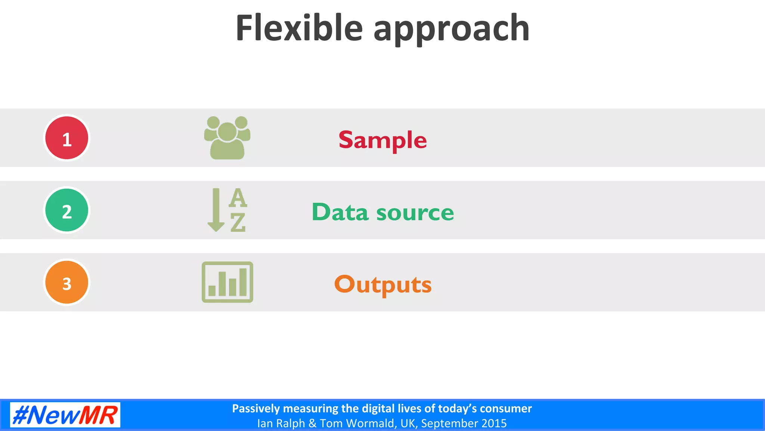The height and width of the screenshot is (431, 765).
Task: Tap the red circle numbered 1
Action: (x=67, y=138)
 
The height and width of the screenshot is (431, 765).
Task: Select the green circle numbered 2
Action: (x=67, y=210)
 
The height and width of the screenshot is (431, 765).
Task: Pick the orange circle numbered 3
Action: (x=67, y=282)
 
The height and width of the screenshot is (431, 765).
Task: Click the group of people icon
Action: (x=227, y=138)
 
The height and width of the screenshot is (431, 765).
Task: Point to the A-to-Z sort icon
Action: (x=227, y=210)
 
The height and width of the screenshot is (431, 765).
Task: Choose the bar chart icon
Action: (x=227, y=282)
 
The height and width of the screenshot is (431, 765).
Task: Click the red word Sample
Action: (x=382, y=140)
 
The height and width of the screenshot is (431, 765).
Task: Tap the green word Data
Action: (x=340, y=212)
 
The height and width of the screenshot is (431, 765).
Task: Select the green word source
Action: (x=415, y=213)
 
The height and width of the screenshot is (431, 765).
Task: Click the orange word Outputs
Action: (x=382, y=285)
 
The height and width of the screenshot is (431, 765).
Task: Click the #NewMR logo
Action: (x=65, y=415)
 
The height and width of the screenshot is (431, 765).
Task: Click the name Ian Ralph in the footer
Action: (x=281, y=424)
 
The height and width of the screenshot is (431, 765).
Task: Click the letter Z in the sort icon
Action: (x=238, y=223)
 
